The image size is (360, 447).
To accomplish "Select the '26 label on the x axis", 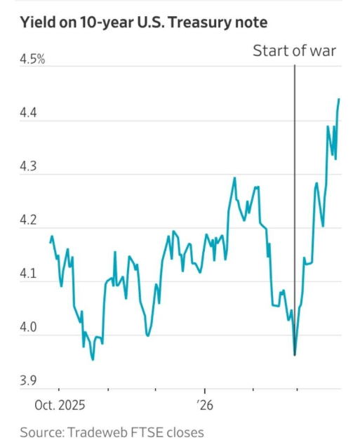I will [205, 404].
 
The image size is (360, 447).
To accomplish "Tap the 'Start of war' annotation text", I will [295, 51].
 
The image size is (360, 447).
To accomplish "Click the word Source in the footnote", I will [40, 432].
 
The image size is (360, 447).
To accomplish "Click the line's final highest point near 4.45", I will [340, 99].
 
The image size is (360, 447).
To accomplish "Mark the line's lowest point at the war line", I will [295, 355].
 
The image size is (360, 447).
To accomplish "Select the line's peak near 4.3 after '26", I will [234, 178].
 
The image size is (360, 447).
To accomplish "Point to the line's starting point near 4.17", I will [49, 243].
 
